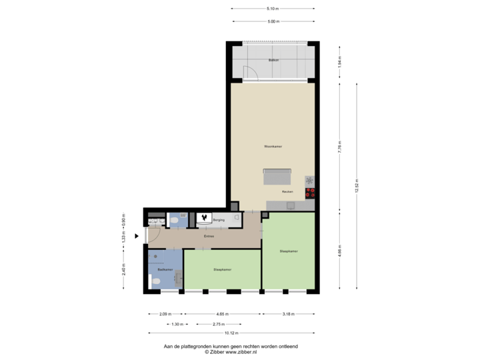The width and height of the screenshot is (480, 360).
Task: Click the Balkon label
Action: pyautogui.click(x=273, y=61)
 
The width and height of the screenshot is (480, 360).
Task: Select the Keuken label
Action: pyautogui.click(x=288, y=191)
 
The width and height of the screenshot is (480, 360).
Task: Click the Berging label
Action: pyautogui.click(x=219, y=219)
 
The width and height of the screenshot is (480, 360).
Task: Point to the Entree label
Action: pyautogui.click(x=209, y=236)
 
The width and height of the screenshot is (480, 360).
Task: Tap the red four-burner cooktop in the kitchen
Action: pyautogui.click(x=310, y=193)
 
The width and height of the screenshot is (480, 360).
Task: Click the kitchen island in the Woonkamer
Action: pyautogui.click(x=277, y=177)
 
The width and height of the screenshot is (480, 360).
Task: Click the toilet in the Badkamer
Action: pyautogui.click(x=155, y=282)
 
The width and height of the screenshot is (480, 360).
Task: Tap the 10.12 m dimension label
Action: pyautogui.click(x=231, y=332)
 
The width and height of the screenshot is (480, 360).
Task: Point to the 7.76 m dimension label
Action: pyautogui.click(x=340, y=146)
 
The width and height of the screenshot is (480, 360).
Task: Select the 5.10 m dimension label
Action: pyautogui.click(x=273, y=9)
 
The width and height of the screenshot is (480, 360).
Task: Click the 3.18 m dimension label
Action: pyautogui.click(x=289, y=314)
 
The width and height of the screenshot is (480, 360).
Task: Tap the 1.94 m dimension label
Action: pyautogui.click(x=340, y=62)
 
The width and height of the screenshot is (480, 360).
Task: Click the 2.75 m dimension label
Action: pyautogui.click(x=217, y=323)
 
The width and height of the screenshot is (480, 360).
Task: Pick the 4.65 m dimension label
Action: pyautogui.click(x=223, y=314)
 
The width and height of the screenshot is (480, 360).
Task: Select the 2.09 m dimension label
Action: pyautogui.click(x=165, y=314)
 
